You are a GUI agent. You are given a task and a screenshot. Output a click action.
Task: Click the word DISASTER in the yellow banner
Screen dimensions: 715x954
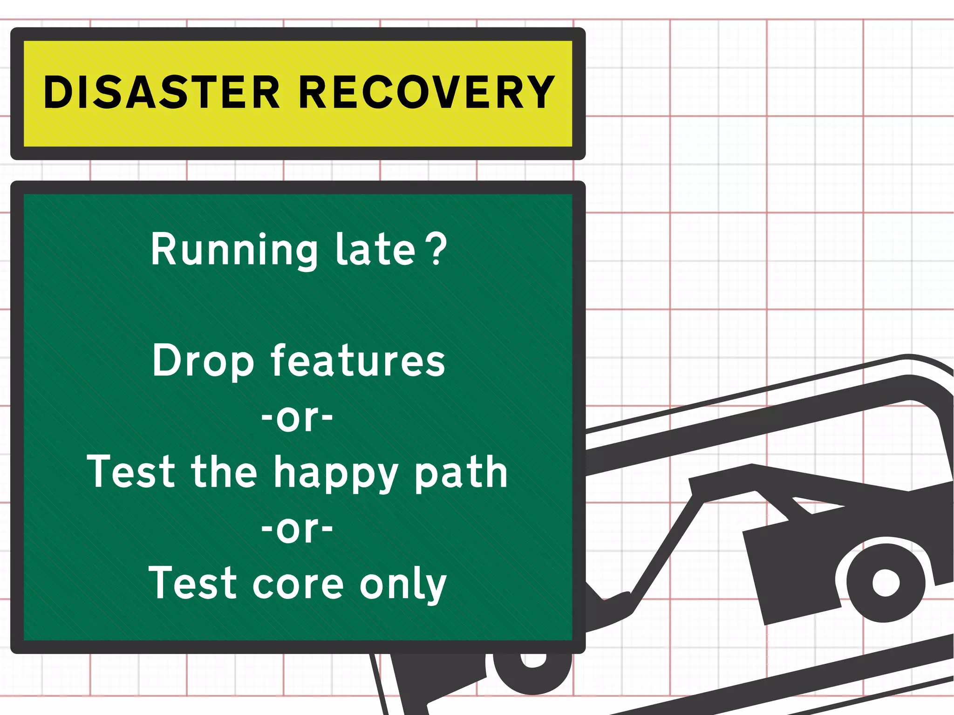tap(161, 93)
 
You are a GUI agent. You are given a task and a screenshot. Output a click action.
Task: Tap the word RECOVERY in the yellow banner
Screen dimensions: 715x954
tap(426, 93)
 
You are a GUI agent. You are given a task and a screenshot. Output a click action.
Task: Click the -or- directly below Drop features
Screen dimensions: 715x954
tap(297, 417)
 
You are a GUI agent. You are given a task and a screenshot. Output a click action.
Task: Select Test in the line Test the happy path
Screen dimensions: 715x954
tap(131, 472)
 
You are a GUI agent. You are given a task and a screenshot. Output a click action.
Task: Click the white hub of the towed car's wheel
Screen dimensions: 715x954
tap(885, 582)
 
